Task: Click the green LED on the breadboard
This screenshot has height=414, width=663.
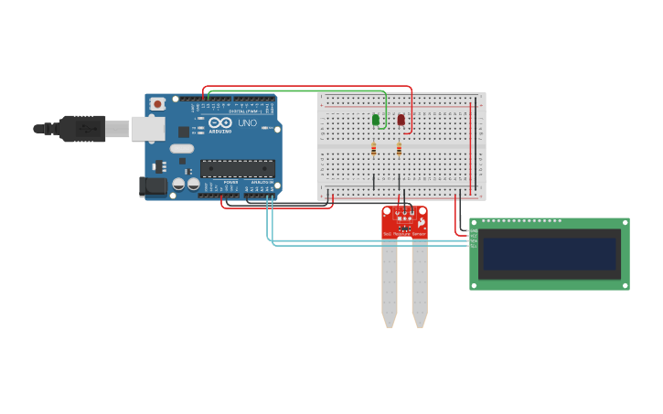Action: click(x=376, y=120)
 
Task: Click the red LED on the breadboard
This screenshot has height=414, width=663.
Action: click(x=401, y=120)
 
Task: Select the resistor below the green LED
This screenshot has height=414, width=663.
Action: click(x=373, y=148)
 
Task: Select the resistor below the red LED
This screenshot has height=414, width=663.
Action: click(x=399, y=148)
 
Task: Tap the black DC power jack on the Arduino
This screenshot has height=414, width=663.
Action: click(x=154, y=186)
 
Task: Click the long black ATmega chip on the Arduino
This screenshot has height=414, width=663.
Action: click(x=237, y=168)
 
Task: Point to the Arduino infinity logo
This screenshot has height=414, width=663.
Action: click(x=219, y=122)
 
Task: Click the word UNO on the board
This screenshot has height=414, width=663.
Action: click(x=247, y=122)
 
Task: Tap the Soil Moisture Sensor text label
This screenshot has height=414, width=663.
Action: click(x=404, y=235)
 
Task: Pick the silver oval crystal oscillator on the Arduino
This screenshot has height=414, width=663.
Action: click(x=182, y=148)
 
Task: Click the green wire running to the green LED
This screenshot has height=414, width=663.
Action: click(x=293, y=90)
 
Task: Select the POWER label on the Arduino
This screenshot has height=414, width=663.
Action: click(x=230, y=182)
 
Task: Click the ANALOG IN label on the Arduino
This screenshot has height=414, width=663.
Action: click(x=260, y=182)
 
